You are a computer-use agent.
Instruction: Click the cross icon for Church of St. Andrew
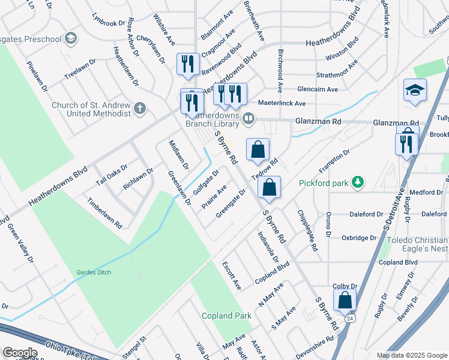point(140,109)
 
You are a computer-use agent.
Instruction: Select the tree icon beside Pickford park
point(357,181)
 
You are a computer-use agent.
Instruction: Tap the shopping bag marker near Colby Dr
point(345,300)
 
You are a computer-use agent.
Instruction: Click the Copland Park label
point(226,316)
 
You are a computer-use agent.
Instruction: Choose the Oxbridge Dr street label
point(358,238)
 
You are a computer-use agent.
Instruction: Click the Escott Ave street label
point(231,275)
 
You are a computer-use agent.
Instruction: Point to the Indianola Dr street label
point(268,247)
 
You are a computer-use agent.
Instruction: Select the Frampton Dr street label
point(338,163)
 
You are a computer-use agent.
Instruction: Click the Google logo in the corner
point(20,352)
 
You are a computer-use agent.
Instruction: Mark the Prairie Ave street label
point(214,196)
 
